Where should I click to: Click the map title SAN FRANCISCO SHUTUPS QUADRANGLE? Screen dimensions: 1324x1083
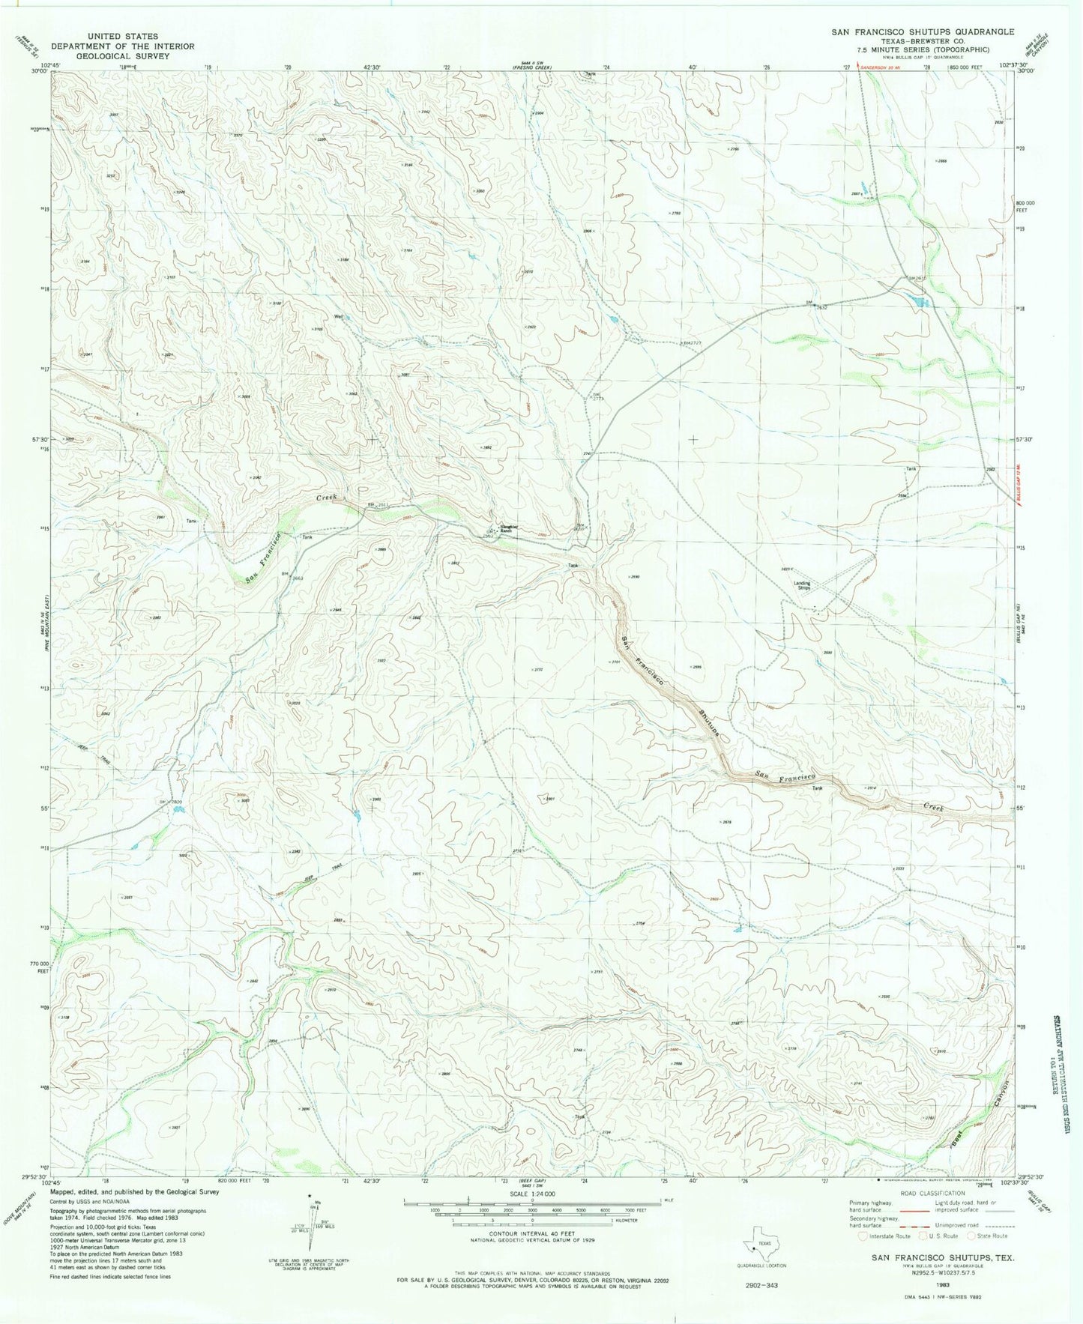[922, 32]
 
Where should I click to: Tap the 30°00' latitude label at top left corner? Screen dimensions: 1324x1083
[39, 73]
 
